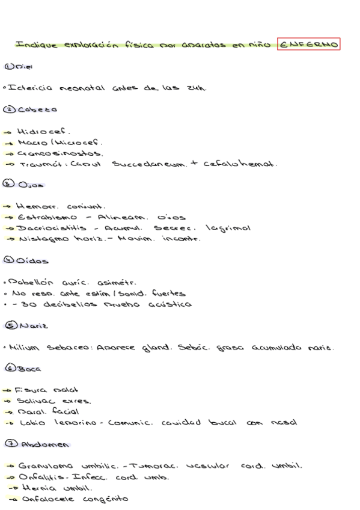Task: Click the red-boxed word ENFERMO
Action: pyautogui.click(x=309, y=45)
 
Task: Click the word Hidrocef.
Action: pyautogui.click(x=35, y=131)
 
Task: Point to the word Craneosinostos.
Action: pyautogui.click(x=53, y=153)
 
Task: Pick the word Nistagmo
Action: pyautogui.click(x=40, y=239)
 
